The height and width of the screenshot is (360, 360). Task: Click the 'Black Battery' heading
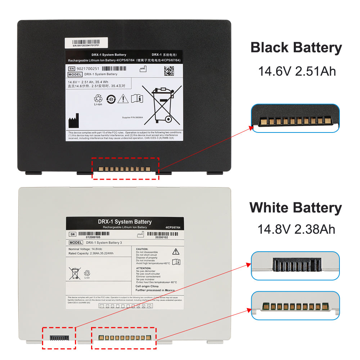[x=296, y=48]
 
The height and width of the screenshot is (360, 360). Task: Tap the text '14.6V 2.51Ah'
[x=297, y=71]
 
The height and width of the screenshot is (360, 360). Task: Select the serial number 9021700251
[x=87, y=68]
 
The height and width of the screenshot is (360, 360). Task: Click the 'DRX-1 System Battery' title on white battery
[x=125, y=222]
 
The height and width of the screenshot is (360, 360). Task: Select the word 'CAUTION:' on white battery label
[x=142, y=249]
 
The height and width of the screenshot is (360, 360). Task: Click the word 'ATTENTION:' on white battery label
[x=143, y=268]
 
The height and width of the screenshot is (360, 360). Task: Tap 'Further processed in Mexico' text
[x=155, y=290]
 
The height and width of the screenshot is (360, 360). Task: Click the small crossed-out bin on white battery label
[x=75, y=274]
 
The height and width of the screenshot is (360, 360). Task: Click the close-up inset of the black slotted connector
[x=295, y=266]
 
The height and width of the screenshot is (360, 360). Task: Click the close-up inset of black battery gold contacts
[x=295, y=119]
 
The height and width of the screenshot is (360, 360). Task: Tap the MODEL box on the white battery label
[x=75, y=243]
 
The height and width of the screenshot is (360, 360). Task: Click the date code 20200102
[x=161, y=237]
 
